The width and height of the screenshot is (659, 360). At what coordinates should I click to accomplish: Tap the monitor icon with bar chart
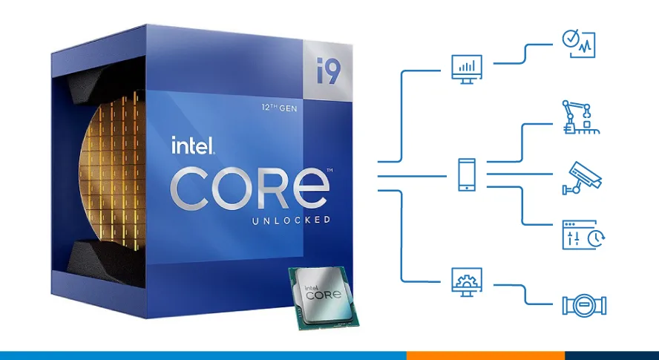(x=467, y=68)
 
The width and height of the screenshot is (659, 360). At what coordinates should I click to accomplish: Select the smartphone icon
(x=467, y=175)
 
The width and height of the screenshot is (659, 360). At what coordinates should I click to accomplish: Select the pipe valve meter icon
(x=584, y=305)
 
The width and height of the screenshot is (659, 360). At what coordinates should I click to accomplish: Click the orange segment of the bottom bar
(x=485, y=356)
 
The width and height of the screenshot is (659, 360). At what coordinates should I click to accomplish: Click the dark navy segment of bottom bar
(x=612, y=356)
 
